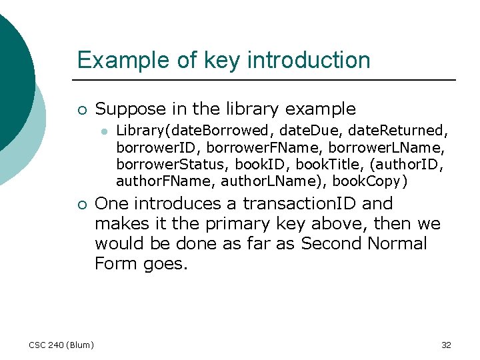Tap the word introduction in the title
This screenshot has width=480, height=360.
(x=309, y=60)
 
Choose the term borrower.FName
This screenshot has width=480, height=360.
(x=250, y=147)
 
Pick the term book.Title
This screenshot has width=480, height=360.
(x=327, y=163)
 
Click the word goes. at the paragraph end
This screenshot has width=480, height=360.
(x=166, y=263)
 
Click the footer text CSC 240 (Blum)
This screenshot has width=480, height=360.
(x=61, y=345)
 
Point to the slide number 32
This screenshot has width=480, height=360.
(x=446, y=345)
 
